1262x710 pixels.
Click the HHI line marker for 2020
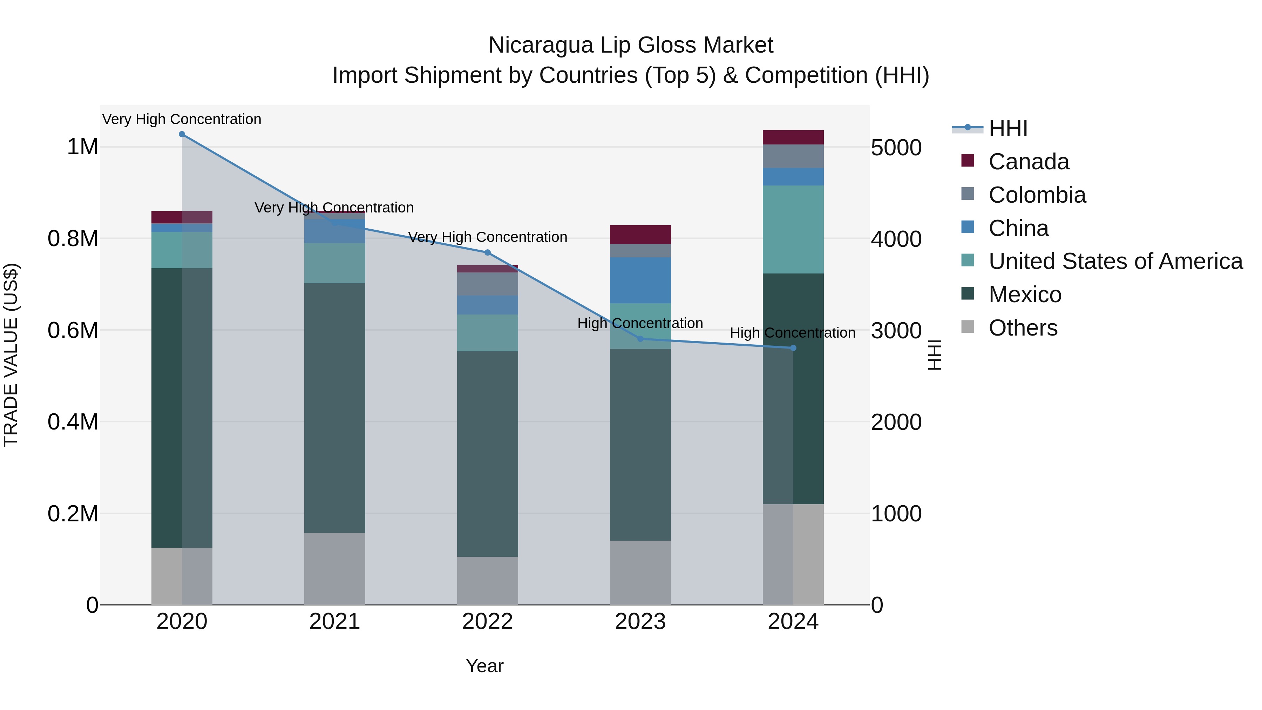(182, 134)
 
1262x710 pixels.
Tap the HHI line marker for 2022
(488, 253)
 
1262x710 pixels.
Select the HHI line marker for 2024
(793, 348)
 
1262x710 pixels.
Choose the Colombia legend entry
(1037, 195)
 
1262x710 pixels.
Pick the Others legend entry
(1023, 328)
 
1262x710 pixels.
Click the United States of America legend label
(1115, 261)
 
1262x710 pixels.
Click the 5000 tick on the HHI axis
(896, 148)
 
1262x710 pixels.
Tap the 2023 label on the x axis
(640, 622)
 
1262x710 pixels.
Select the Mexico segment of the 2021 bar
(335, 408)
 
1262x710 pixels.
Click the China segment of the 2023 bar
(640, 280)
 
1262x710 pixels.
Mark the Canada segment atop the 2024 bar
(793, 137)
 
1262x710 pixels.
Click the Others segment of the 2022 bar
(488, 580)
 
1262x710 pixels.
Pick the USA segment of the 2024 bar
(793, 229)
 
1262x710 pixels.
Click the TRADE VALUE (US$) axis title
(11, 355)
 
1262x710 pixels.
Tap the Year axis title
(484, 666)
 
